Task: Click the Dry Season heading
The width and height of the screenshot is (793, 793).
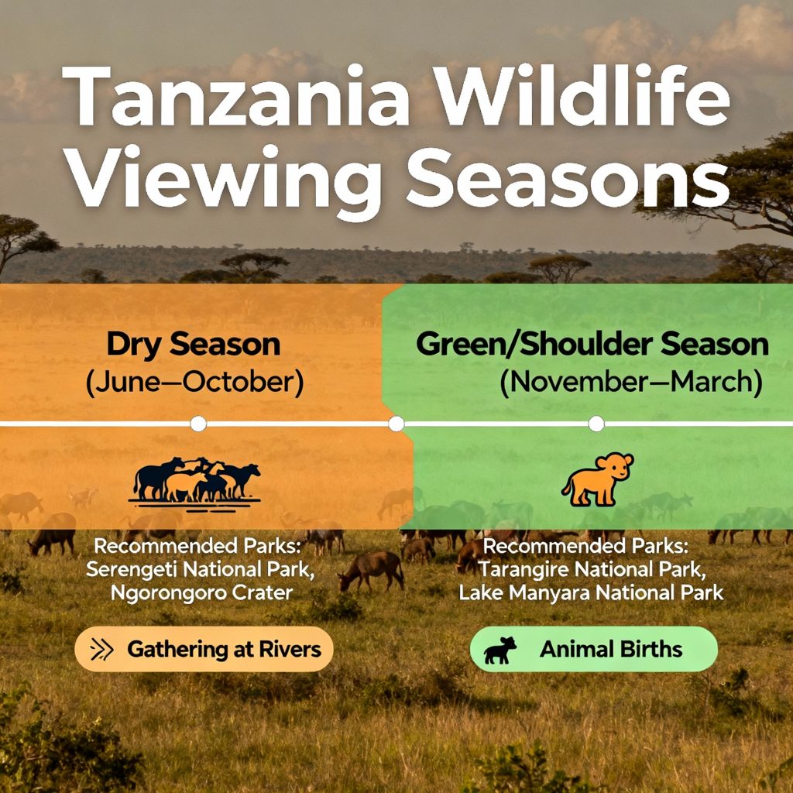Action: [x=193, y=345]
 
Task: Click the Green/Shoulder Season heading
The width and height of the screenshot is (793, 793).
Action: [x=592, y=345]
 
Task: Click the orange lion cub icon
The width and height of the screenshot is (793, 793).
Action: [x=597, y=479]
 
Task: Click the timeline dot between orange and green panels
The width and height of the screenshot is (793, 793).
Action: [x=396, y=424]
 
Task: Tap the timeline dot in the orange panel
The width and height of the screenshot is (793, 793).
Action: [x=198, y=424]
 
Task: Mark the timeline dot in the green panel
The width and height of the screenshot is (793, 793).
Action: [x=596, y=424]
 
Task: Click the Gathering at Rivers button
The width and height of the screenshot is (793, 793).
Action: [x=204, y=649]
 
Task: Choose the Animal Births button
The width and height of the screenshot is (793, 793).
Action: [x=593, y=649]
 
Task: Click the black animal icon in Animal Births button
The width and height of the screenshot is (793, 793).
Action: [x=500, y=650]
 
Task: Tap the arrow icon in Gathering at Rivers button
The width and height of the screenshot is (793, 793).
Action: [x=102, y=649]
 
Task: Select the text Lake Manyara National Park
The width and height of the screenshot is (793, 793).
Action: [x=591, y=593]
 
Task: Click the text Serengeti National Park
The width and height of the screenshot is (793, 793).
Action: [x=194, y=570]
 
